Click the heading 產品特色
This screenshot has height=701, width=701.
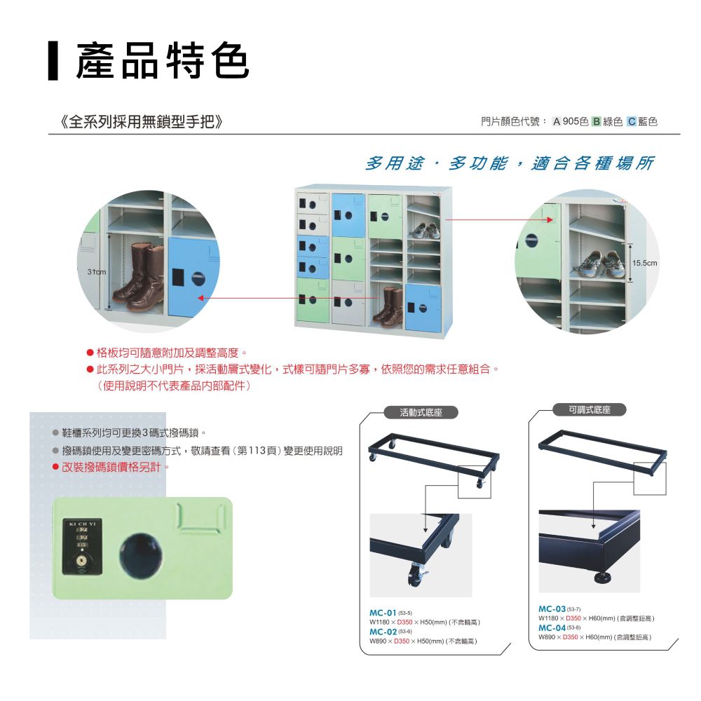coord(163,61)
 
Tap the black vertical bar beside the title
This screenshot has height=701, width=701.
coord(53,61)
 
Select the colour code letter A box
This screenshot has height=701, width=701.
coord(557,121)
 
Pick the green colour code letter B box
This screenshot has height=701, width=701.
coord(596,121)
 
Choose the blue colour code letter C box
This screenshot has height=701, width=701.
coord(632,121)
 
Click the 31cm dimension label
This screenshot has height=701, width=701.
coord(97,272)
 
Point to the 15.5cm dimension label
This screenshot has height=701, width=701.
coord(644,263)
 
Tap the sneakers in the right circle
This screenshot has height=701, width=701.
coord(598,265)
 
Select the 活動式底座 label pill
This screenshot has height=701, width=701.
coord(421,412)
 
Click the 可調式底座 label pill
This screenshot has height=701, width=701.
coord(590,409)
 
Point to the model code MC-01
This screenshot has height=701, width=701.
coord(383,613)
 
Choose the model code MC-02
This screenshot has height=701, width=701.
coord(383,632)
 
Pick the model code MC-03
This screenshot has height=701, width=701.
coord(552,609)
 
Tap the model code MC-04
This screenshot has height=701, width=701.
coord(552,627)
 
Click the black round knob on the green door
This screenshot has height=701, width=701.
coord(140,555)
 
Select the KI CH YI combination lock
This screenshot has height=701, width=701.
coord(82,546)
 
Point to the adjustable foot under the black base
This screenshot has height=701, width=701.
coord(606,578)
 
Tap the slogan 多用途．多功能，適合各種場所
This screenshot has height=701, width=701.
coord(509,163)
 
